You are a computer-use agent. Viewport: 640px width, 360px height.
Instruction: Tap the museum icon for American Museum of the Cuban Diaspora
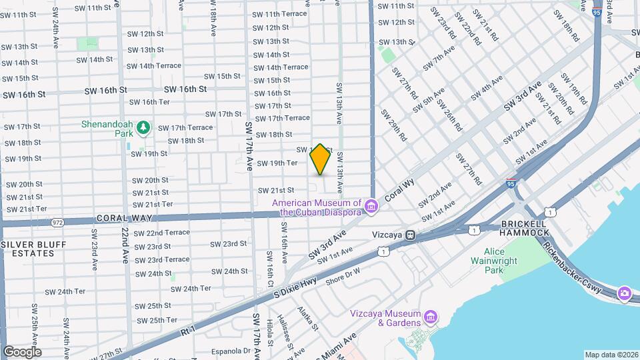(371, 207)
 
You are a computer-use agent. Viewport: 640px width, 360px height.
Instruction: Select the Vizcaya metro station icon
(411, 235)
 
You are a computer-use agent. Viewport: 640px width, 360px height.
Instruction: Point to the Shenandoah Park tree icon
(143, 127)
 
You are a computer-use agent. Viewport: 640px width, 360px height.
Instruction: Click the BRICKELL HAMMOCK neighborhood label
(524, 228)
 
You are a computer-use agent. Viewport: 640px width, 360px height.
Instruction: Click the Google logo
(22, 351)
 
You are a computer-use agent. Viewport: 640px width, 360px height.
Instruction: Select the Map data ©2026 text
(611, 355)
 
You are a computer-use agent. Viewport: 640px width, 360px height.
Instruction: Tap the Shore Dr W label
(343, 277)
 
